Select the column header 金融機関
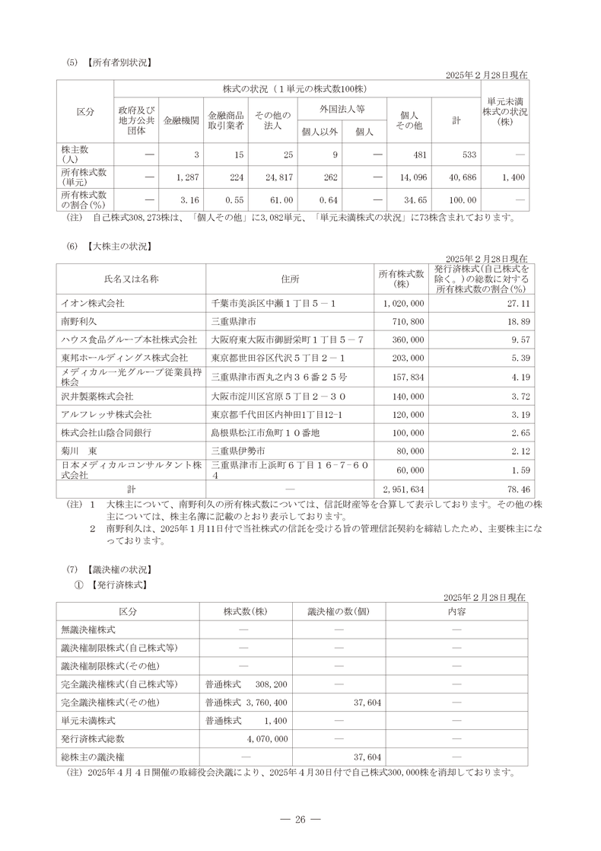182,121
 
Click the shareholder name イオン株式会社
92,303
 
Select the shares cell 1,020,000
404,303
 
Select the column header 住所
290,279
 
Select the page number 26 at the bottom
300,819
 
